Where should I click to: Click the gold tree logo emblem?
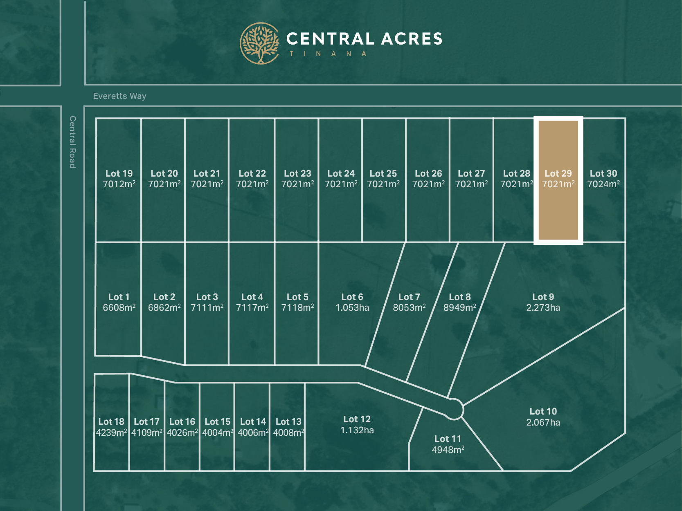pos(259,43)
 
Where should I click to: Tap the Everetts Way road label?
pos(119,96)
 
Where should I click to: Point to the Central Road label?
pos(72,142)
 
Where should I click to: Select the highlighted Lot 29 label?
pos(558,174)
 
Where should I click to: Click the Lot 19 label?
pos(119,174)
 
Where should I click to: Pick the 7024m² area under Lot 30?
pos(603,184)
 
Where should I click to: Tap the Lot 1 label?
pos(119,297)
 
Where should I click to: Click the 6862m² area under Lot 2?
pos(164,308)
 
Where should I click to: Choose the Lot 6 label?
pos(352,297)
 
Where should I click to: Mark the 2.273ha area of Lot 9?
pos(543,308)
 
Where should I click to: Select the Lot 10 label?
pos(543,412)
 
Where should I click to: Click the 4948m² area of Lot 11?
pos(448,450)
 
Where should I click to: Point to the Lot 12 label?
pos(357,419)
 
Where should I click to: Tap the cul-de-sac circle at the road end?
pos(454,409)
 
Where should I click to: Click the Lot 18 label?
pos(111,422)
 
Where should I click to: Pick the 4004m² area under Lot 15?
pos(218,433)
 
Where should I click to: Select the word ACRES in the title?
pos(412,39)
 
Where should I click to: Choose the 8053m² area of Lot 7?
pos(409,308)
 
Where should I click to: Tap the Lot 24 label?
pos(341,174)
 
